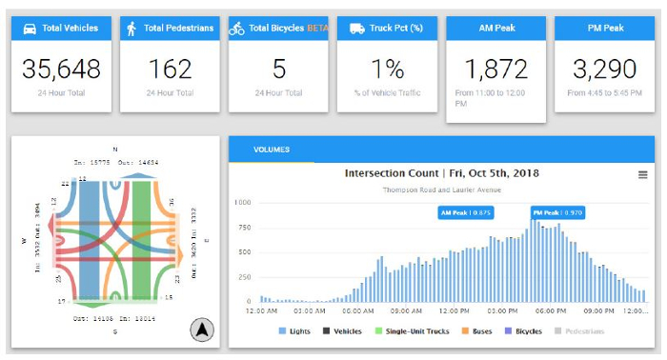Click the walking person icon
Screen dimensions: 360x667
coord(131,29)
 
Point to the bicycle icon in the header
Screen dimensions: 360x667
coord(237,29)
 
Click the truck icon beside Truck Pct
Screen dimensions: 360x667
coord(356,29)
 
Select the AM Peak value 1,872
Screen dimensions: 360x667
coord(495,69)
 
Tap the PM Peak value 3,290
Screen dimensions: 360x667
coord(605,69)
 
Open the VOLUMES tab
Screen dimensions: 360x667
coord(271,150)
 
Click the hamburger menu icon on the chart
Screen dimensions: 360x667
coord(643,174)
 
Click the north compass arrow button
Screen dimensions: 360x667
coord(203,330)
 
